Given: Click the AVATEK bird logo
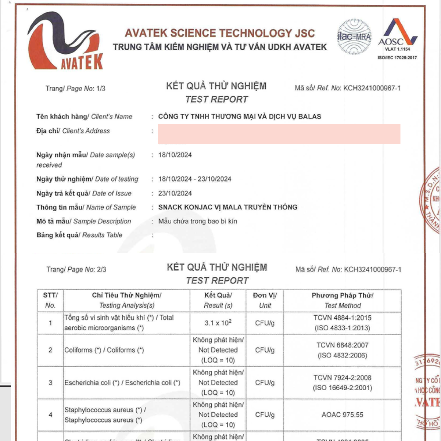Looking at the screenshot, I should coord(65,41).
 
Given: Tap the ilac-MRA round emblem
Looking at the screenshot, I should coord(354,37).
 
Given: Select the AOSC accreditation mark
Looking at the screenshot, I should coord(398,35).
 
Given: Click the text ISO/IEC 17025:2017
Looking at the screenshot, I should coord(397,58).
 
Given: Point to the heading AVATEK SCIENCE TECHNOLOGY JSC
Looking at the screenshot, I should coord(220,33).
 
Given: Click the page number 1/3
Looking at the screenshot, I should coord(101,89).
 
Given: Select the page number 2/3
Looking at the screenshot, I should coord(101,270).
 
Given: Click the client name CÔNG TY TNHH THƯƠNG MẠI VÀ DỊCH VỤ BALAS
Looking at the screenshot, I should coord(240,116).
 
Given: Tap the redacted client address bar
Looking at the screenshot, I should coord(279,134).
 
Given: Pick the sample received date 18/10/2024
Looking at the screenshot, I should coord(175,155).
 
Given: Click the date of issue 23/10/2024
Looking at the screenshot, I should coord(175,193).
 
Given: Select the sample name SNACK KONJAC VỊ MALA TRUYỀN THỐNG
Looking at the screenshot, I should coord(228,207).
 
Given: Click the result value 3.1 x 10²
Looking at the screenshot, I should coord(218,323).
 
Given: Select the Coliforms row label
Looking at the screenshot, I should coord(104,350).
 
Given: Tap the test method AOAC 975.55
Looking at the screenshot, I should coord(343,415).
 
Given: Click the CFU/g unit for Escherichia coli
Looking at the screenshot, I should coord(265,383).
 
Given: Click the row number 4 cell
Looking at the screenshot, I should coord(50,415).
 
